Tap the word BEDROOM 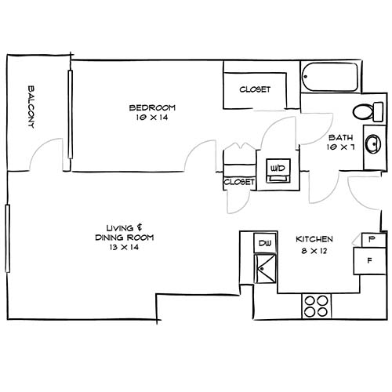(x=152, y=107)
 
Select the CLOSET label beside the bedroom (x=255, y=89)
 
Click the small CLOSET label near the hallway (x=239, y=182)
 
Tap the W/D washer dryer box (x=277, y=169)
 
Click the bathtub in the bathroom (x=329, y=78)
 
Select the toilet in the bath (x=363, y=111)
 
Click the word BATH (x=339, y=136)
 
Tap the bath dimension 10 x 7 (x=339, y=147)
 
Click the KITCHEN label (x=314, y=239)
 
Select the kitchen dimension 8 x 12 (x=314, y=250)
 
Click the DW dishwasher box (x=264, y=244)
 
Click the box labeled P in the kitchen (x=372, y=238)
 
